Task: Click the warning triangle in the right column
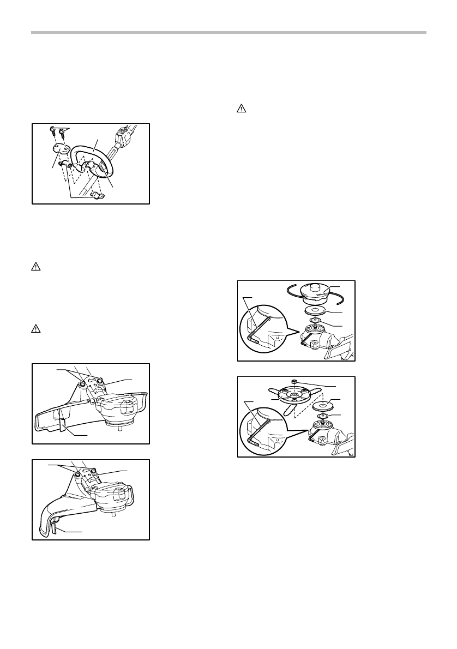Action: tap(241, 109)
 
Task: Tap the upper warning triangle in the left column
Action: tap(34, 267)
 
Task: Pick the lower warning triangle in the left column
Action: tap(34, 329)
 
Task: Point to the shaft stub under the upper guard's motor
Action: tap(119, 428)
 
